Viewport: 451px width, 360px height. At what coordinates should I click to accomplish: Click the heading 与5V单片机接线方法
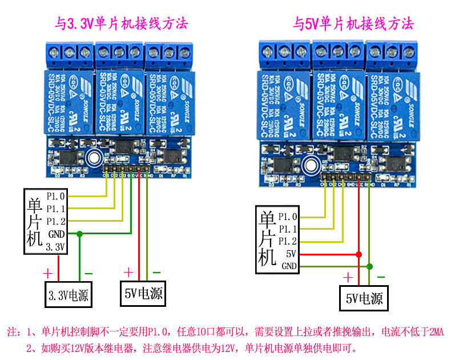pos(353,24)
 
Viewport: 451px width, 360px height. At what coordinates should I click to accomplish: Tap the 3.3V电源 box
pos(70,295)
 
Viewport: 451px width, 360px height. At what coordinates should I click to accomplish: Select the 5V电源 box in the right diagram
pos(364,298)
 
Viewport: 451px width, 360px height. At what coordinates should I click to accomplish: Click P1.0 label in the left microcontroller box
pos(56,197)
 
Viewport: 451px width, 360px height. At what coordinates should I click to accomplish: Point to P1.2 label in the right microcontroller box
pos(288,241)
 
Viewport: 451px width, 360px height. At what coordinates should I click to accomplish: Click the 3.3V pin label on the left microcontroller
pos(56,247)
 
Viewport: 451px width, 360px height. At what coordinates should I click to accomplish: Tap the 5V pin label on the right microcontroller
pos(291,253)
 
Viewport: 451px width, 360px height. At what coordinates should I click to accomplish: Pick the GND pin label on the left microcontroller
pos(56,234)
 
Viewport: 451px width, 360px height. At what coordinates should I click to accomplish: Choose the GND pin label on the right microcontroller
pos(289,266)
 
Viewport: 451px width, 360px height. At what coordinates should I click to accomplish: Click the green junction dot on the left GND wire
pos(79,234)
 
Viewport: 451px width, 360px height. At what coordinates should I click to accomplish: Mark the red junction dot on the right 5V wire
pos(359,254)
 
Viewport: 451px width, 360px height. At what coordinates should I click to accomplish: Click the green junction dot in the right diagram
pos(369,266)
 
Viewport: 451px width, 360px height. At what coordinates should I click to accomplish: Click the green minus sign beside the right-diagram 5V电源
pos(380,277)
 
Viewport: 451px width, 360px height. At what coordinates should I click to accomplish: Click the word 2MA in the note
pos(436,332)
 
